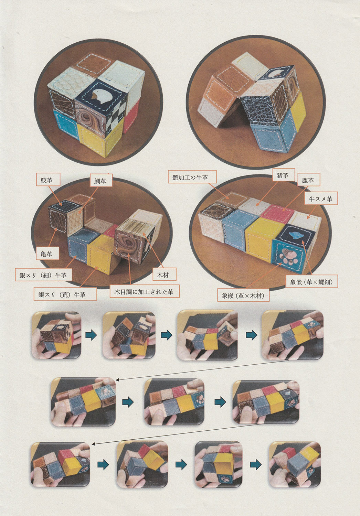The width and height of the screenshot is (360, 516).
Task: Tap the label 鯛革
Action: click(x=100, y=181)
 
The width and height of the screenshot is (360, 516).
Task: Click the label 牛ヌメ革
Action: click(x=321, y=198)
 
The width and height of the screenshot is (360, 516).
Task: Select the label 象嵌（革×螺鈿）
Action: click(x=311, y=281)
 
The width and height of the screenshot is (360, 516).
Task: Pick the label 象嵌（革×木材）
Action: click(x=244, y=295)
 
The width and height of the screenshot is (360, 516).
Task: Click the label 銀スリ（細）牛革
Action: click(x=43, y=275)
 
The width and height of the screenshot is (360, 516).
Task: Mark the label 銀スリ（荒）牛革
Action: click(x=62, y=294)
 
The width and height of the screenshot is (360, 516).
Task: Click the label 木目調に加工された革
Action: click(x=145, y=292)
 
